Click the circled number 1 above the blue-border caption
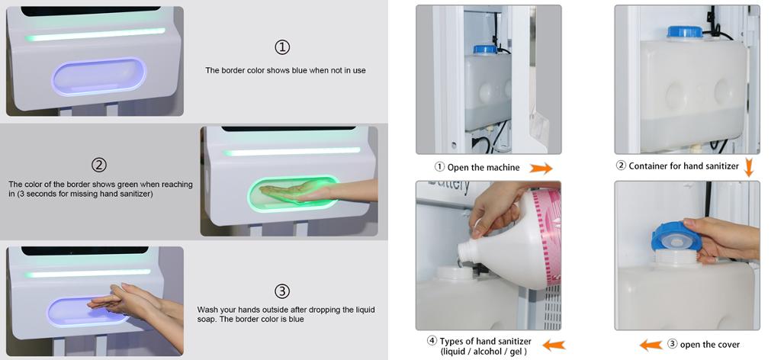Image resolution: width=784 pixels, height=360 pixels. (282, 47)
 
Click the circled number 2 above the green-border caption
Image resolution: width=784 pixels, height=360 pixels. (99, 165)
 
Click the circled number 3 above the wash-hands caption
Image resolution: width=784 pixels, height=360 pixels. (282, 291)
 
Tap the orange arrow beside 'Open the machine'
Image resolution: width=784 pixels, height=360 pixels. (541, 168)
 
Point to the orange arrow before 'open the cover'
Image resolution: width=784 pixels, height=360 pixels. (651, 345)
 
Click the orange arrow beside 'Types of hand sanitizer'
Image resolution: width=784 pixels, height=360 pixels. (554, 345)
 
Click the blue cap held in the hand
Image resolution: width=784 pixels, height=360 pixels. (676, 236)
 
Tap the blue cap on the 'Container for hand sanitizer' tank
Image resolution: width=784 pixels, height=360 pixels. (685, 31)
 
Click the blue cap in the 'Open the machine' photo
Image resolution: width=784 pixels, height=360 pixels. (485, 49)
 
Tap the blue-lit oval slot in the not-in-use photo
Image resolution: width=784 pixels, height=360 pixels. (98, 77)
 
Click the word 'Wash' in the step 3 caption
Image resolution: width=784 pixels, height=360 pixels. (207, 310)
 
